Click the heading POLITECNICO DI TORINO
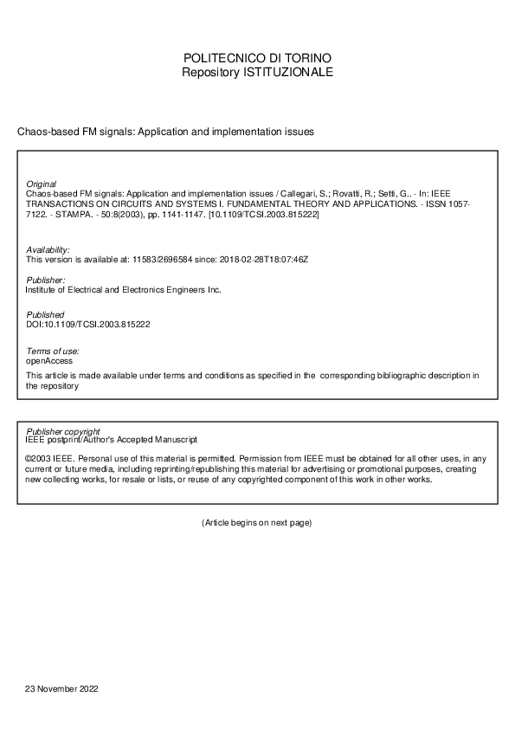(257, 58)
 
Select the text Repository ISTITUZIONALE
(257, 73)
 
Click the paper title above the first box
(164, 132)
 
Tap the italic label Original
(42, 184)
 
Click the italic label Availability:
(48, 249)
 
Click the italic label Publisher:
(46, 281)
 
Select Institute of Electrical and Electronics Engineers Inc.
(124, 290)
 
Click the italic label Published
(45, 315)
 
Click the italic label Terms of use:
(53, 351)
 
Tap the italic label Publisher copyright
(63, 430)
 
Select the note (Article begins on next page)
(256, 523)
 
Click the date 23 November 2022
(62, 689)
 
